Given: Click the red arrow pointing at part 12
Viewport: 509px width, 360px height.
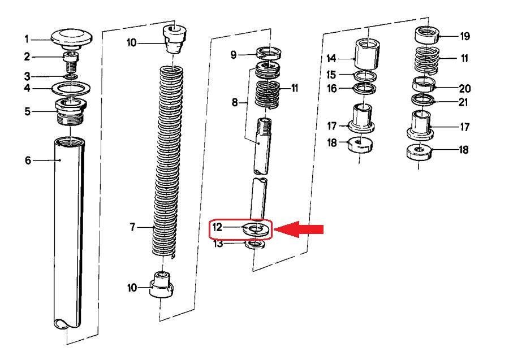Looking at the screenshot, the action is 299,229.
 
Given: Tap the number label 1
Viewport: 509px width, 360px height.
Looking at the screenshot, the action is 27,40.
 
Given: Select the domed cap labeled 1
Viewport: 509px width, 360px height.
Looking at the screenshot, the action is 72,38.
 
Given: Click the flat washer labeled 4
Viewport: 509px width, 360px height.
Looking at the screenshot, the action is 71,89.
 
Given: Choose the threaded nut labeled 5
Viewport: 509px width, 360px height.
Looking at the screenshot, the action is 71,111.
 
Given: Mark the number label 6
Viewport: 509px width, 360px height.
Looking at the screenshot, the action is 28,160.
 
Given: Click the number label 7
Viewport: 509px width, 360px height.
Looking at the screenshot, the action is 132,227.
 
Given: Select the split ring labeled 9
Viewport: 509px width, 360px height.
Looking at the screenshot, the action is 269,53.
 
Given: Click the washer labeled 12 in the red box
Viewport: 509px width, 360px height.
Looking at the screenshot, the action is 256,230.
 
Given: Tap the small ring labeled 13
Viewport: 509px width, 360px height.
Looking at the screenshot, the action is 255,244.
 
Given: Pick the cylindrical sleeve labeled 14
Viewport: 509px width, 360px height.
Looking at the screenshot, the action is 367,54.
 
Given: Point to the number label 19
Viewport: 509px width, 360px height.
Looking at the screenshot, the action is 465,36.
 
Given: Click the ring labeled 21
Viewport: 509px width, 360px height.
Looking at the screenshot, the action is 423,99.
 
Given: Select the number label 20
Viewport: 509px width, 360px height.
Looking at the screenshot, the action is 465,88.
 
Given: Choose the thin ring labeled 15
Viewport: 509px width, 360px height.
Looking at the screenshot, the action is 365,76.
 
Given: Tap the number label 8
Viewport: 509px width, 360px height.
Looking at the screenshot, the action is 235,102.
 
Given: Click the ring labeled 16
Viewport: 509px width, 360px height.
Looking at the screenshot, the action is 365,89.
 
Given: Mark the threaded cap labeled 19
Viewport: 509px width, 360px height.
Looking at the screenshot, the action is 427,36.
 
